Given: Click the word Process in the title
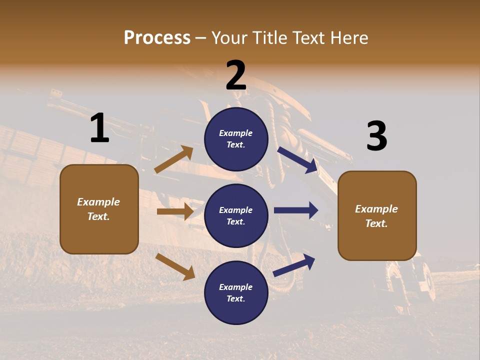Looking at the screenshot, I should [x=157, y=38].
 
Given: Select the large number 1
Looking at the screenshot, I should [x=99, y=128].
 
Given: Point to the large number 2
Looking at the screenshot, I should [x=236, y=75].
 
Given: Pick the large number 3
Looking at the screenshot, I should [x=376, y=136].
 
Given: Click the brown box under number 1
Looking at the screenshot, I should [x=99, y=209].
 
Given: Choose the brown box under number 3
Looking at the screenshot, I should [x=377, y=216].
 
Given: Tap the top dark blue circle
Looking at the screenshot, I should [x=236, y=139].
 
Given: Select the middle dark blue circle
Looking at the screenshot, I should [x=236, y=215].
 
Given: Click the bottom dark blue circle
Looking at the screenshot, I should [x=236, y=292].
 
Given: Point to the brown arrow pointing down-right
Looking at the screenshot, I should [x=175, y=266].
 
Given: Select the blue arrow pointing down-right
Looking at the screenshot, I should [x=297, y=160].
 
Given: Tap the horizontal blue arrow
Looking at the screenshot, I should [x=296, y=210].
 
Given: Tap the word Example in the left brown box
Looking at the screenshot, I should [x=98, y=202].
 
